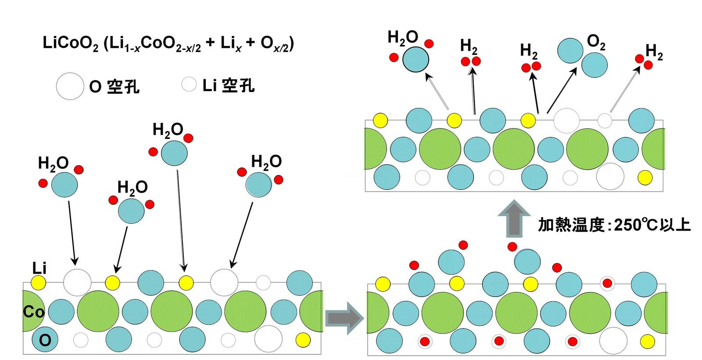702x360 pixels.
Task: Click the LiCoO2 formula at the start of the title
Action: (71, 43)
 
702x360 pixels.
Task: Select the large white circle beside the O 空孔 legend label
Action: (70, 86)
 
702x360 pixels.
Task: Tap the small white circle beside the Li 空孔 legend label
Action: (189, 84)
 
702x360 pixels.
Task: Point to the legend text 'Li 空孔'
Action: (229, 85)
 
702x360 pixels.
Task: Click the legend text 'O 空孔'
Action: (114, 87)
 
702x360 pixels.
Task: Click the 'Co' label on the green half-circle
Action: (33, 312)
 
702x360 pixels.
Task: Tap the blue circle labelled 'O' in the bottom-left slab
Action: (45, 340)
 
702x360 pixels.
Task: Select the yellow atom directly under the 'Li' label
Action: (39, 283)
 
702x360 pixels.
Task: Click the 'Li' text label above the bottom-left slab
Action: (39, 268)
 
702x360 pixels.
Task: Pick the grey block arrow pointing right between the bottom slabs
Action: (344, 319)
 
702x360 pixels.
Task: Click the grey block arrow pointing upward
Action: (514, 219)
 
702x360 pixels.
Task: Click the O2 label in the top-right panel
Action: (596, 42)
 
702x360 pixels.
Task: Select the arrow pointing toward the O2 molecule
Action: (562, 90)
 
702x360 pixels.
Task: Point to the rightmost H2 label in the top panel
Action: (654, 52)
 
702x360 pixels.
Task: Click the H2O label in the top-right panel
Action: (403, 38)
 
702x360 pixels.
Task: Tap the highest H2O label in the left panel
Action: (168, 130)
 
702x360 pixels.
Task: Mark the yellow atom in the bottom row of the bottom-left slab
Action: (303, 340)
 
